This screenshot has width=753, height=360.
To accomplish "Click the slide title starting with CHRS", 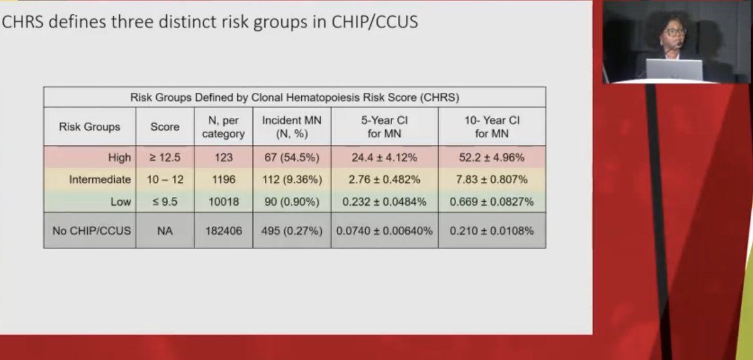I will [210, 23].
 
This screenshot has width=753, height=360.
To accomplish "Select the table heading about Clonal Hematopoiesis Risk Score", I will [294, 97].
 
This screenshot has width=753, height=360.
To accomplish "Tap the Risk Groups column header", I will [89, 127].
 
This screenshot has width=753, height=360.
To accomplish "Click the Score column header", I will [165, 127].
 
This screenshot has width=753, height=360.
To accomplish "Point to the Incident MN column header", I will [292, 127].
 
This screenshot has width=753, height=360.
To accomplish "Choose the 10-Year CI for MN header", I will [491, 127].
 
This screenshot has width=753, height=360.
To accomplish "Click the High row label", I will [119, 158].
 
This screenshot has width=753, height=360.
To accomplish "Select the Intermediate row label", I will [100, 179].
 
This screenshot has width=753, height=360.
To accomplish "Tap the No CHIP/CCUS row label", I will [92, 231].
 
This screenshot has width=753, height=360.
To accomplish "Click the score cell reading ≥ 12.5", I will [165, 158].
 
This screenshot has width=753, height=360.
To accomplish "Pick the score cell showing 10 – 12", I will [165, 179].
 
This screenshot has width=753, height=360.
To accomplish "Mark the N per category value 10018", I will [223, 201].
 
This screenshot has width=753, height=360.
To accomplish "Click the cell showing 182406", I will [223, 231].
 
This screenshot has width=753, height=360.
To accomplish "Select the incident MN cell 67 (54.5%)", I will [292, 158].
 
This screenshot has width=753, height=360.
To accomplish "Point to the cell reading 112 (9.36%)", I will [292, 179].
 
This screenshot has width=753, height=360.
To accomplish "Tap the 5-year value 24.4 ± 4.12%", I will [384, 158].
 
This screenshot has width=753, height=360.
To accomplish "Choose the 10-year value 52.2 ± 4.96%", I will [491, 158].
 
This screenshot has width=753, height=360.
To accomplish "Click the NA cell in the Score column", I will [165, 231].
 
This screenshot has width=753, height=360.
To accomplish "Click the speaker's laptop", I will [674, 69].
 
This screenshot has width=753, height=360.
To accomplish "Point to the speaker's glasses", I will [674, 31].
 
